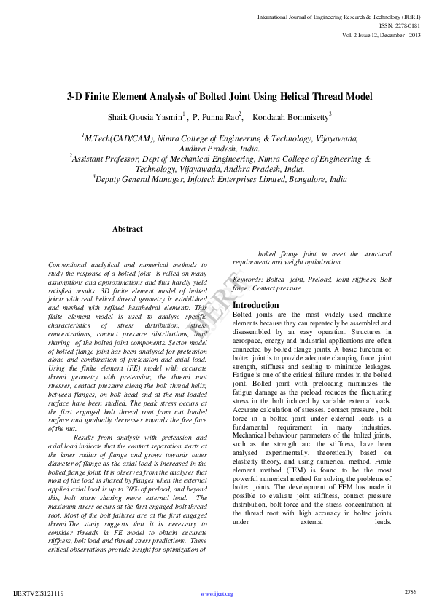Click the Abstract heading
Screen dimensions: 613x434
[128, 229]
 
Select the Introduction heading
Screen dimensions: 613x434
[255, 305]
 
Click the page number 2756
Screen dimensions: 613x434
[411, 592]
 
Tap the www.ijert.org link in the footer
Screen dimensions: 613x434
[217, 594]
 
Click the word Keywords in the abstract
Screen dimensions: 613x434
[247, 279]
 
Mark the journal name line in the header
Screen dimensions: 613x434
[338, 15]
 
